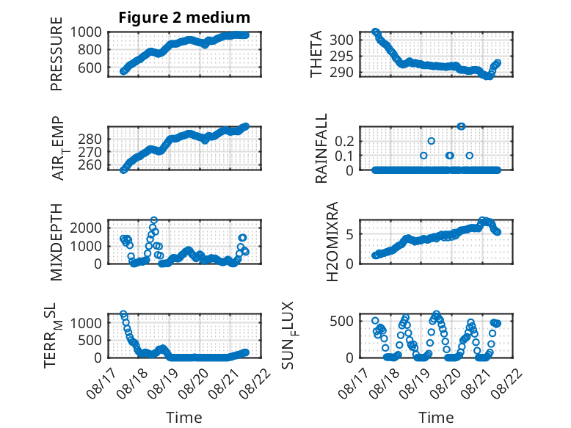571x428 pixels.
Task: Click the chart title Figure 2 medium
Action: click(x=184, y=18)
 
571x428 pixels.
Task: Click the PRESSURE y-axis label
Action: click(x=57, y=54)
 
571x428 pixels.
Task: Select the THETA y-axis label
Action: click(x=316, y=54)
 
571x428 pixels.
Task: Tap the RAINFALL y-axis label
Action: click(x=321, y=148)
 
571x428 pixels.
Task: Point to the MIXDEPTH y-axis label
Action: click(x=57, y=242)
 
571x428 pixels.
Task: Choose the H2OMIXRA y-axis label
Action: click(x=332, y=242)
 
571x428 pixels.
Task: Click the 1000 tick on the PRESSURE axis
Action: click(x=86, y=32)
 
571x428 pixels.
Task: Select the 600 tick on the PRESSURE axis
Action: click(x=90, y=68)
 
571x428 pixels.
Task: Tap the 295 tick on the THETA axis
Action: click(x=341, y=56)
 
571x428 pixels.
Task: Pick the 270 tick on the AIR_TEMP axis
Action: click(x=90, y=152)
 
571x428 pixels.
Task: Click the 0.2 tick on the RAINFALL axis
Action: click(x=344, y=141)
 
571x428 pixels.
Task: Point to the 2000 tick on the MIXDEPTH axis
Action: click(x=86, y=228)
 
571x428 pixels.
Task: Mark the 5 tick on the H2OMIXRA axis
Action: click(x=349, y=234)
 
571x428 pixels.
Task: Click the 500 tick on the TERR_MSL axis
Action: click(x=90, y=340)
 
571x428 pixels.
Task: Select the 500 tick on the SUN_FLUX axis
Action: click(x=341, y=322)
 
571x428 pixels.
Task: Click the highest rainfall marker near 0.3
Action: click(x=461, y=126)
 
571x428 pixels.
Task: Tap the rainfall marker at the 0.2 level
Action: click(x=431, y=141)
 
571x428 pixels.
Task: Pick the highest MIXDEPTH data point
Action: click(x=154, y=220)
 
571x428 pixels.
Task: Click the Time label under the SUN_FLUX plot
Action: click(x=436, y=418)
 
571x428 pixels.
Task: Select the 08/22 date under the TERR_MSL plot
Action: click(x=258, y=383)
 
